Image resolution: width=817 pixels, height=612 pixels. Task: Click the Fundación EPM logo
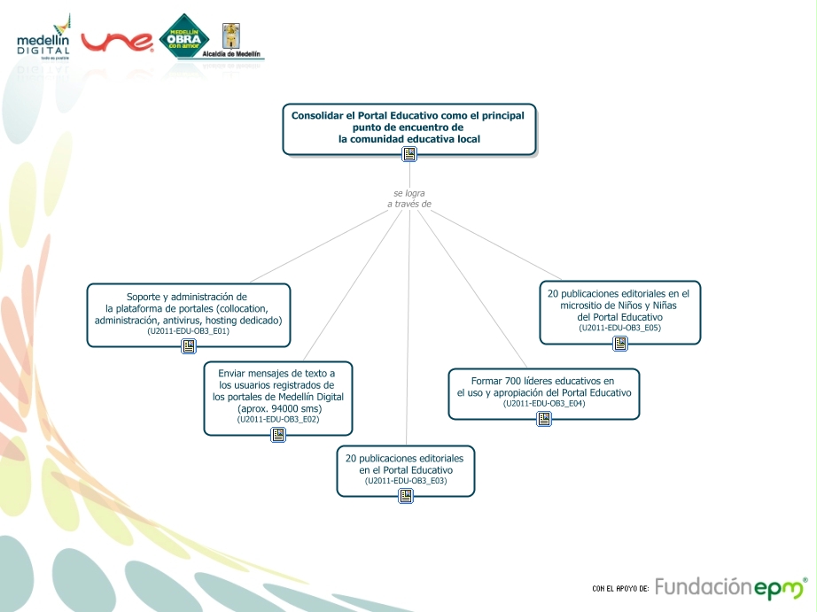point(731,587)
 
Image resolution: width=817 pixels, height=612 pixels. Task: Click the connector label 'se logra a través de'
point(409,198)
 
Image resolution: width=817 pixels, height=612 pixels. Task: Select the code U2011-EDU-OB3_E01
point(189,331)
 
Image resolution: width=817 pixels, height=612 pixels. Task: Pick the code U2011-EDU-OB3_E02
point(278,420)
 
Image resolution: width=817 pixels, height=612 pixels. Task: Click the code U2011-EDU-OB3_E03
point(406,481)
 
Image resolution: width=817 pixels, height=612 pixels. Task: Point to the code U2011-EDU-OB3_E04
point(544,404)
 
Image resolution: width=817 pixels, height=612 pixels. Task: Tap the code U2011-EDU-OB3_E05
point(620,328)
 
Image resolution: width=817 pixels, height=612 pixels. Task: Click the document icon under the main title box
point(409,154)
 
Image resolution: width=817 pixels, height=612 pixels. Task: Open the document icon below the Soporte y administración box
point(189,346)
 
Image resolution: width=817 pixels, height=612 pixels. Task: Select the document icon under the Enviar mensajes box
point(278,435)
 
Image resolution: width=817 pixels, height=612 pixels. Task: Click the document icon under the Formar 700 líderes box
point(544,419)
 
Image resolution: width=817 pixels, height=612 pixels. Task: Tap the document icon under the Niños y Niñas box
point(620,344)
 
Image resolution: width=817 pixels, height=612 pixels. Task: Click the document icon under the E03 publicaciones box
point(406,496)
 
